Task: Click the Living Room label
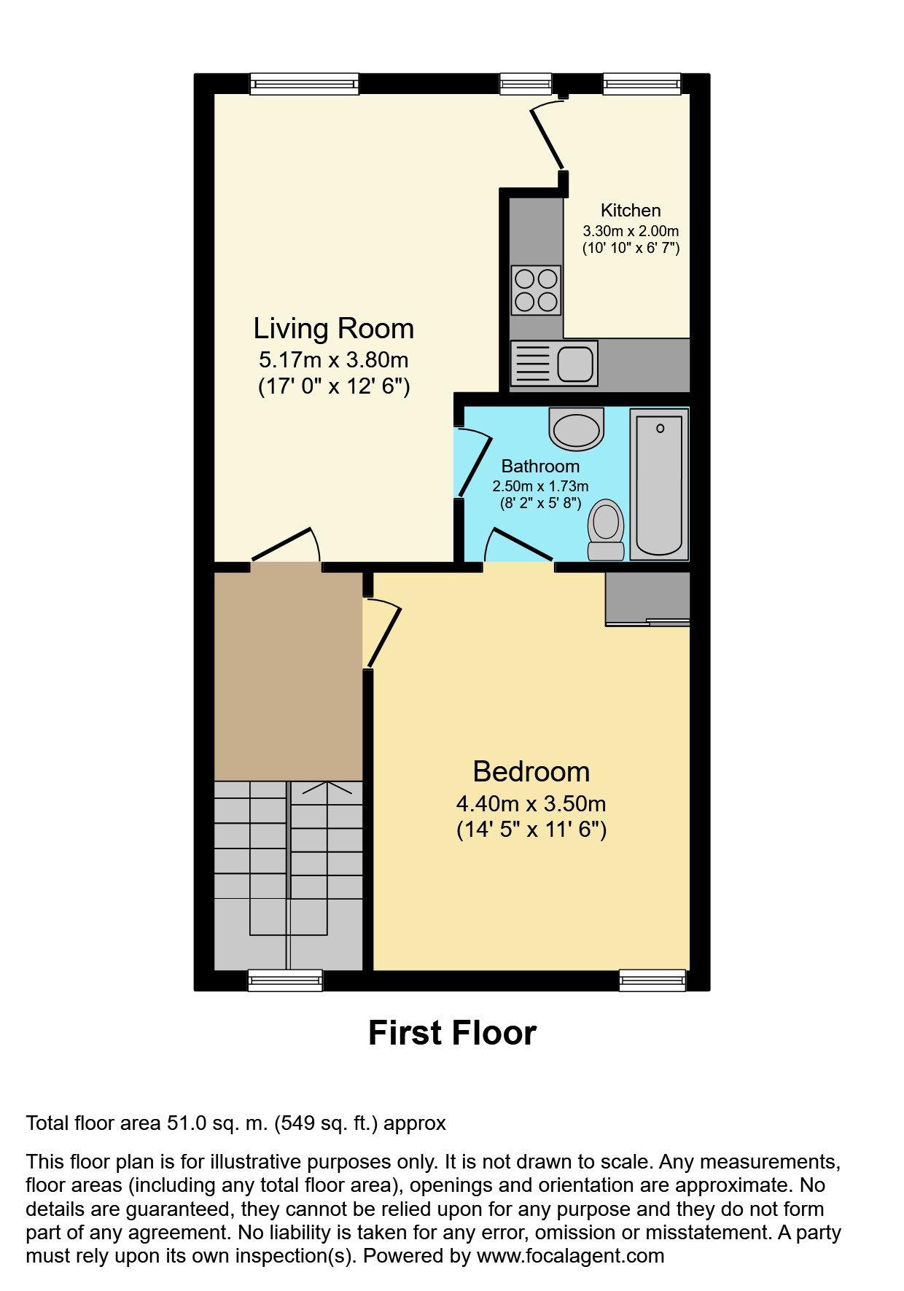point(333,329)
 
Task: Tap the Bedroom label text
point(531,771)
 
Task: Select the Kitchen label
point(630,211)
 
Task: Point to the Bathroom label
point(540,467)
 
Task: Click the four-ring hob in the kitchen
point(536,290)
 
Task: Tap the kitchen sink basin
point(575,364)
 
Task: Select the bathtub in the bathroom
point(659,484)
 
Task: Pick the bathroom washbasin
point(576,428)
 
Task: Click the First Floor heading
point(452,1033)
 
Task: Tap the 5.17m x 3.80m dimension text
point(333,360)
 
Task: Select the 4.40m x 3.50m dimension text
point(531,804)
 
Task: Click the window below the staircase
point(285,980)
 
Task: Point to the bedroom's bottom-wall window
point(652,980)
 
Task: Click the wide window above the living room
point(305,84)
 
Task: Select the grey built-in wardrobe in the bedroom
point(647,598)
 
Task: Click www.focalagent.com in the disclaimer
point(570,1256)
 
